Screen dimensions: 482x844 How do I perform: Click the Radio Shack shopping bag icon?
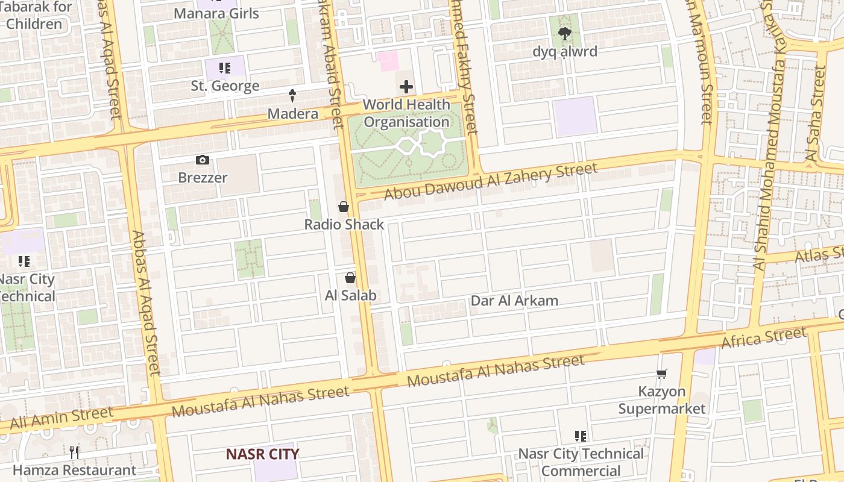coord(344,207)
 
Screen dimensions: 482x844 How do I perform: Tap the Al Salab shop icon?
coord(350,278)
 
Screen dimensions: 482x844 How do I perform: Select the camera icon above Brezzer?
coord(203,160)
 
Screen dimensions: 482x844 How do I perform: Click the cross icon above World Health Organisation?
coord(406,87)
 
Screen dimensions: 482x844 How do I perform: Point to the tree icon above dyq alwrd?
coord(564,34)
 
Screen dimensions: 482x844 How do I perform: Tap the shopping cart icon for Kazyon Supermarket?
coord(662,374)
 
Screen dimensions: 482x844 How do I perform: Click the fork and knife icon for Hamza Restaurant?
coord(74,452)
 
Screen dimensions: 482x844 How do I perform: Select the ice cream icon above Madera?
coord(292,95)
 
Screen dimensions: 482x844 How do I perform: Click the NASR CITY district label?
coord(262,454)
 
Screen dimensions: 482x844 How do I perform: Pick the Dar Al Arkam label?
coord(514,301)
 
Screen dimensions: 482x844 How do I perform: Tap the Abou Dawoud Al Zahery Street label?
coord(491,181)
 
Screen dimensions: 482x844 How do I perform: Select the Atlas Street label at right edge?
coord(820,254)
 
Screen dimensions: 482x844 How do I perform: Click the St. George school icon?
coord(225,68)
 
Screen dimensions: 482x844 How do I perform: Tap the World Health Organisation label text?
coord(406,113)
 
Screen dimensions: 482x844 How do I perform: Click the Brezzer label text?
coord(203,178)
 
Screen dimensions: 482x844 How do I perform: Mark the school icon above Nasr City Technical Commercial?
coord(581,436)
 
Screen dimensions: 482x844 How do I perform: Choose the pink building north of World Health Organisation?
coord(388,61)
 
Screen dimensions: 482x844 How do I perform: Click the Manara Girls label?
coord(216,13)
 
